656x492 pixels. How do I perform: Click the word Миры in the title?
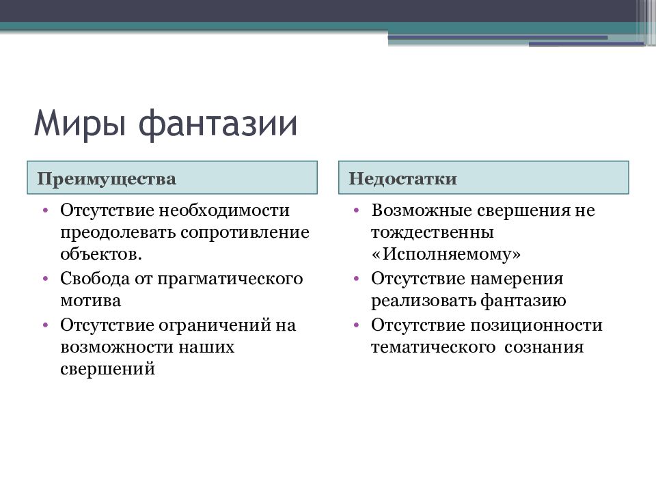79,124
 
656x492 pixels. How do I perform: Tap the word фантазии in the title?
217,124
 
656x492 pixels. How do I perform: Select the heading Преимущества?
107,179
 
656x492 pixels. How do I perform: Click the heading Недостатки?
402,178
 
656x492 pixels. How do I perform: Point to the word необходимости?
224,210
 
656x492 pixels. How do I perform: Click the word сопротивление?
245,232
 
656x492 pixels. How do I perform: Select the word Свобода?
95,278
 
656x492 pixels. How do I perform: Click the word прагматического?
230,279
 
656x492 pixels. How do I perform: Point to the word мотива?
90,301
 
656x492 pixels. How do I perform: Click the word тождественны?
432,232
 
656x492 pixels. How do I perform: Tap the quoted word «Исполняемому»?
446,254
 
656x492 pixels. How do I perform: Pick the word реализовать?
423,301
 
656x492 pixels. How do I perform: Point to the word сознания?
544,348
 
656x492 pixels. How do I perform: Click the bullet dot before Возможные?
357,210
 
